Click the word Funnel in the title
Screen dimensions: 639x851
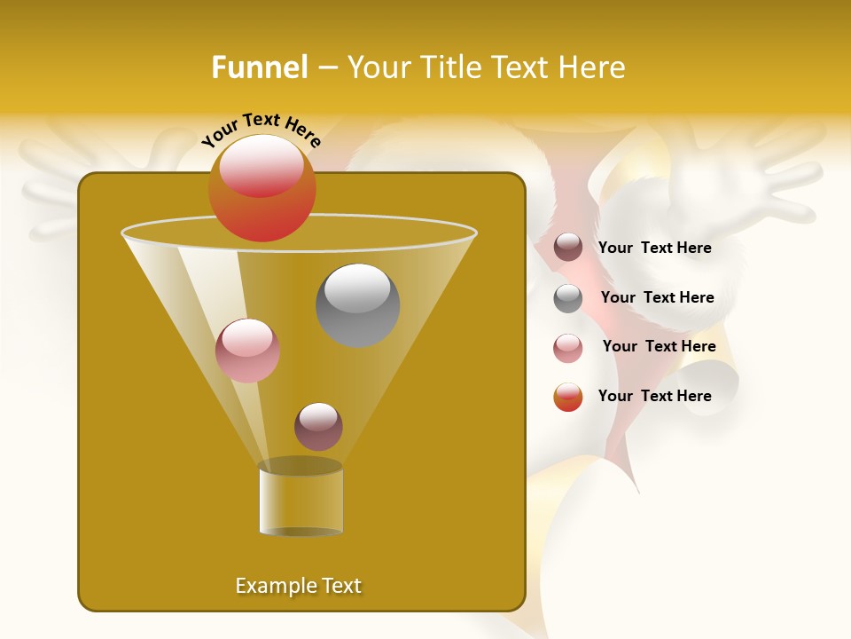tap(259, 67)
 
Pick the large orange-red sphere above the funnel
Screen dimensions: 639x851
tap(262, 188)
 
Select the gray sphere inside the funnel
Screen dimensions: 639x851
tap(357, 304)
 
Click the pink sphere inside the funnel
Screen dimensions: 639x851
tap(247, 351)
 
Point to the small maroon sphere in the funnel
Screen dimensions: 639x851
tap(318, 426)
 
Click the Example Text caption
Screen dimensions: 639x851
tap(299, 586)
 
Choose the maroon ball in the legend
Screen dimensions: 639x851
tap(568, 248)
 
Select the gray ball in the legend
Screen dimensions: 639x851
tap(568, 298)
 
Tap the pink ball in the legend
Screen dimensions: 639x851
tap(568, 348)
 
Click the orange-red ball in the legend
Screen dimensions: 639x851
tap(568, 397)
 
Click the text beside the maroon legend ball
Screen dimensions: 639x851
tap(654, 248)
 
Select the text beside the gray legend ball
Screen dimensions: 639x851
tap(657, 298)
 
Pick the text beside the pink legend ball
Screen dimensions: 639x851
tap(659, 347)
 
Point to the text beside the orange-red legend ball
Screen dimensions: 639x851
tap(654, 396)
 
